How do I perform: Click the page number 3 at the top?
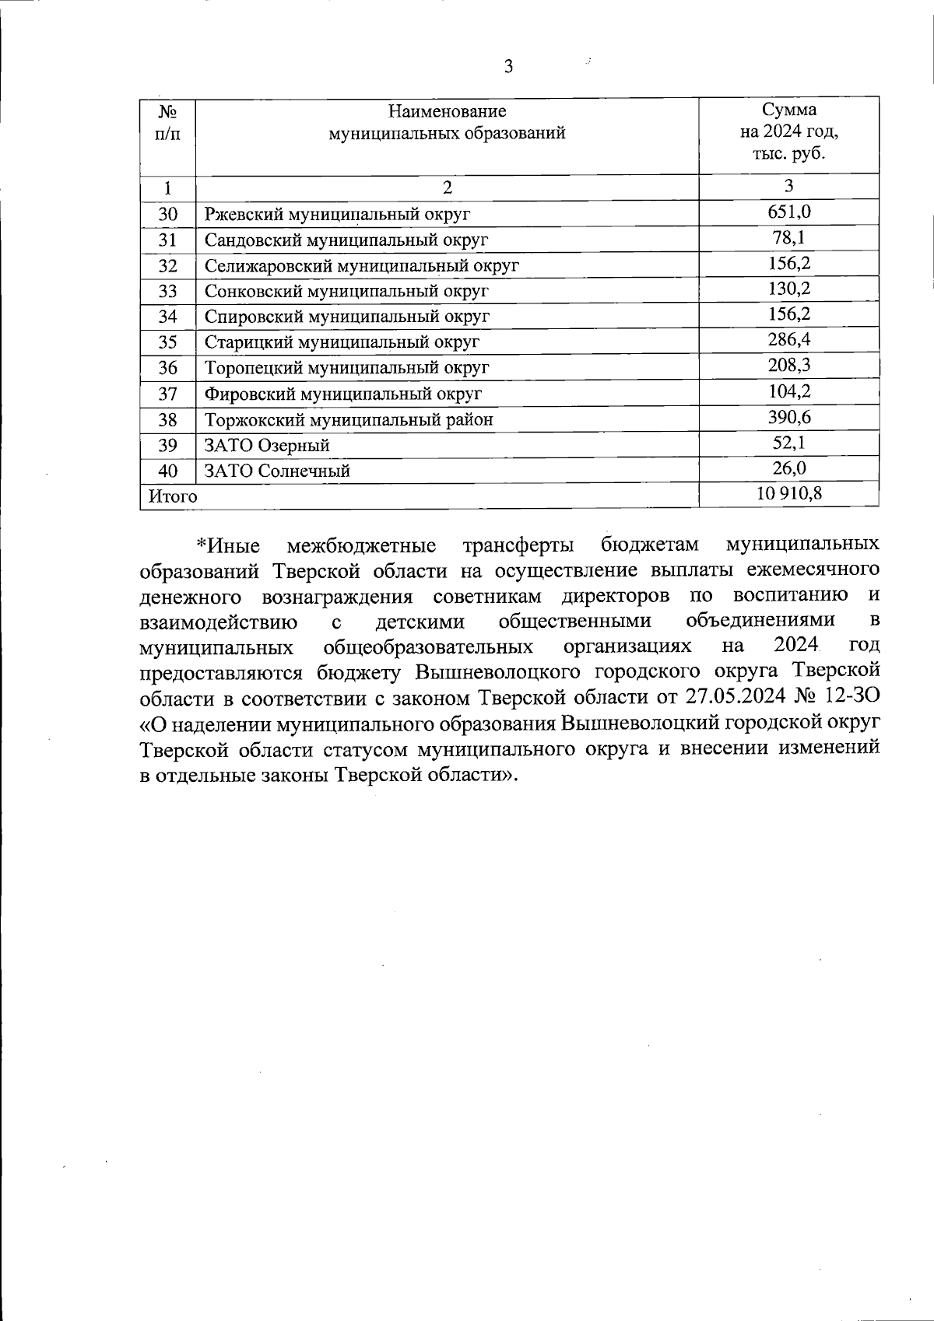(x=508, y=67)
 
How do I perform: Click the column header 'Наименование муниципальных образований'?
(x=447, y=122)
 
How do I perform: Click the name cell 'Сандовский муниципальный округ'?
(x=346, y=240)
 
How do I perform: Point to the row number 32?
(x=168, y=265)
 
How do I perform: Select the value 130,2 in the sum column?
(x=788, y=289)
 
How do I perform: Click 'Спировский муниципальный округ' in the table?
(x=347, y=317)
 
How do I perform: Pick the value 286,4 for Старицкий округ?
(x=788, y=339)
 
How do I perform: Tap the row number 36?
(x=168, y=368)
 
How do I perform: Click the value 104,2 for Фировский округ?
(x=788, y=391)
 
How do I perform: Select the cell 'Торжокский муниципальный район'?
(x=349, y=420)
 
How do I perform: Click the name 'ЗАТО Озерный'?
(x=267, y=446)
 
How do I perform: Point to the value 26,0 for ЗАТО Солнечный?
(x=788, y=468)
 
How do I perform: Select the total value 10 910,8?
(x=788, y=493)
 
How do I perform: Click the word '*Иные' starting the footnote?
(x=227, y=545)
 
